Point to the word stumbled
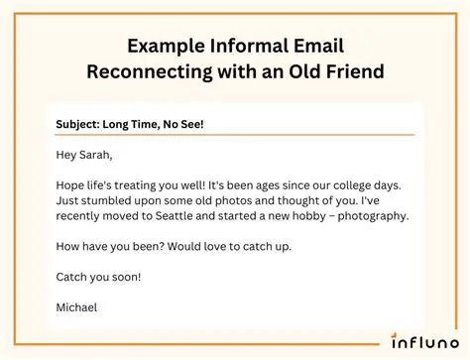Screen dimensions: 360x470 [108, 201]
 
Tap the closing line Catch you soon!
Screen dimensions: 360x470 [99, 277]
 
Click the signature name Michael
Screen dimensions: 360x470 [78, 307]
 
